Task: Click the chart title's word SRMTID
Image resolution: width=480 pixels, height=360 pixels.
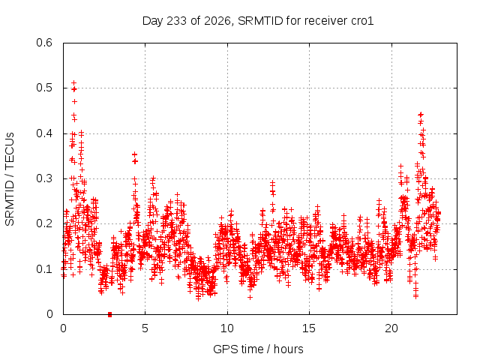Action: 260,21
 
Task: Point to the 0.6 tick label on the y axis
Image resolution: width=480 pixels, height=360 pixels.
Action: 44,43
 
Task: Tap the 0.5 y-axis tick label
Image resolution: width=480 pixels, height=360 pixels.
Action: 44,88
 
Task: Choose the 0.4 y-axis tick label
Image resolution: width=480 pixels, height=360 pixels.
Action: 44,133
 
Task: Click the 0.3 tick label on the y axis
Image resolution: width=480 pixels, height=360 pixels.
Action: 44,178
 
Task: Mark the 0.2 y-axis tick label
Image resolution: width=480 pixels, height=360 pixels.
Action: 44,223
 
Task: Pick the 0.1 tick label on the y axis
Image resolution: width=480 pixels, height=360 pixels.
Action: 44,269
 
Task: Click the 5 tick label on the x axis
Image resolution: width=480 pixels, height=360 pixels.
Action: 145,328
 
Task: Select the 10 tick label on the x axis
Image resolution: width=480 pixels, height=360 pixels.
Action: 227,328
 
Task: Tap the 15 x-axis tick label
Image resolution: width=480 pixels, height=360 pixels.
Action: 309,328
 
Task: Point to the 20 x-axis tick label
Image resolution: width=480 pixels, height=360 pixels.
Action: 391,328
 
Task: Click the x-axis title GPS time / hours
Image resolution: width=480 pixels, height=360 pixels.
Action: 258,349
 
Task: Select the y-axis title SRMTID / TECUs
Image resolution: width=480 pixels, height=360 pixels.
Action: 10,179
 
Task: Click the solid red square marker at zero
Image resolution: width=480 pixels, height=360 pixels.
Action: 110,314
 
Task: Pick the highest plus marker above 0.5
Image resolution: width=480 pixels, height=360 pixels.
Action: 73,83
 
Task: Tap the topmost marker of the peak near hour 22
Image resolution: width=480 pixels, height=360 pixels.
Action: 421,115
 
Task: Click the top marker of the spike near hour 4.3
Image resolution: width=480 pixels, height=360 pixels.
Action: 134,154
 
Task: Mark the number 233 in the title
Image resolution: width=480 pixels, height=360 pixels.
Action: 177,21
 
